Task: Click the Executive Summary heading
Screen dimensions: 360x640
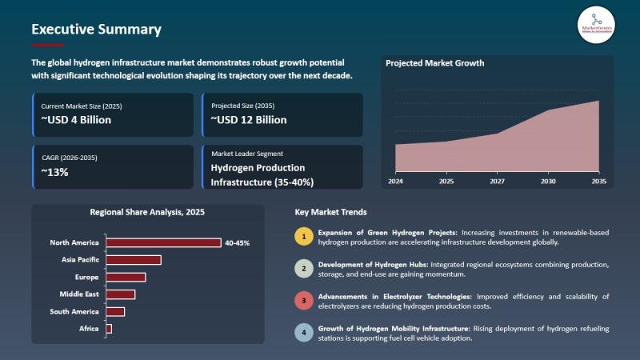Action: pos(96,30)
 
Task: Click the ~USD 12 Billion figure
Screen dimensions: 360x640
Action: pos(249,120)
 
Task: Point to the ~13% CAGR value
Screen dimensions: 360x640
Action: pos(55,171)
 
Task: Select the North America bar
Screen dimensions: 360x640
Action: pos(163,242)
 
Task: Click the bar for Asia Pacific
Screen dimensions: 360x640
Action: pos(134,259)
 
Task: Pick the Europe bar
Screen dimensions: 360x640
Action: pos(126,277)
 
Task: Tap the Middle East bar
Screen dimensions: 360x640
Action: pos(120,294)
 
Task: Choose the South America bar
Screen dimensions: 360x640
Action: pos(115,311)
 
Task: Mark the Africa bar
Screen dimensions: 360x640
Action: pos(109,329)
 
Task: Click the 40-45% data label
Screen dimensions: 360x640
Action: pos(238,242)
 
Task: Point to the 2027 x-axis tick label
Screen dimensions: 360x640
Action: pos(498,182)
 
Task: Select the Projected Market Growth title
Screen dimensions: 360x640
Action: pos(434,63)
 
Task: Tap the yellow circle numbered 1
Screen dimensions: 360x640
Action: pos(303,236)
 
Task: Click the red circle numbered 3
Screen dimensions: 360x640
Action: pos(303,301)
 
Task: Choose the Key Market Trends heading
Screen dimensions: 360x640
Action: pos(331,213)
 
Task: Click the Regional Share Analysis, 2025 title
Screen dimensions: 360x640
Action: pos(147,214)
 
